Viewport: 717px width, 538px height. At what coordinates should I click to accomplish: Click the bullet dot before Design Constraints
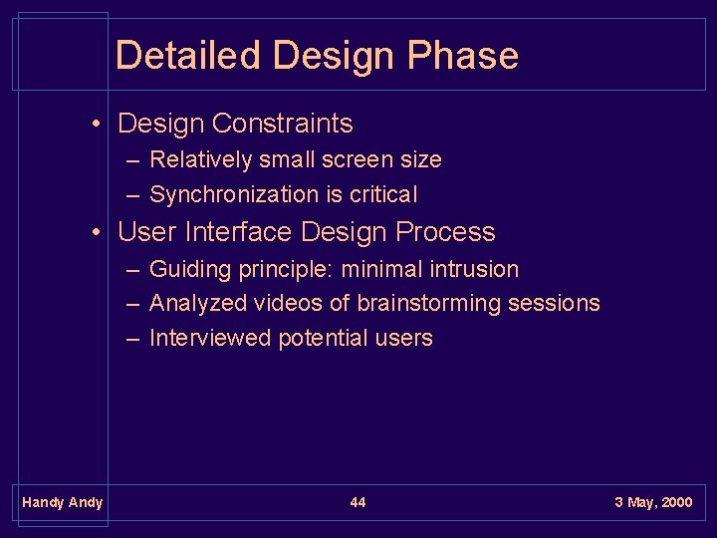pyautogui.click(x=96, y=124)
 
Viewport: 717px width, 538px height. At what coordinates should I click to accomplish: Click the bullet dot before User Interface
pyautogui.click(x=96, y=232)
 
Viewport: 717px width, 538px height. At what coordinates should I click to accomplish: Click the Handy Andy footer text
pyautogui.click(x=62, y=502)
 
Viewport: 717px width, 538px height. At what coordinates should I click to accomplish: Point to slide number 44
pyautogui.click(x=358, y=502)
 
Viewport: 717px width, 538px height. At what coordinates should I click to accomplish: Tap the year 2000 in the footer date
pyautogui.click(x=674, y=502)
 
